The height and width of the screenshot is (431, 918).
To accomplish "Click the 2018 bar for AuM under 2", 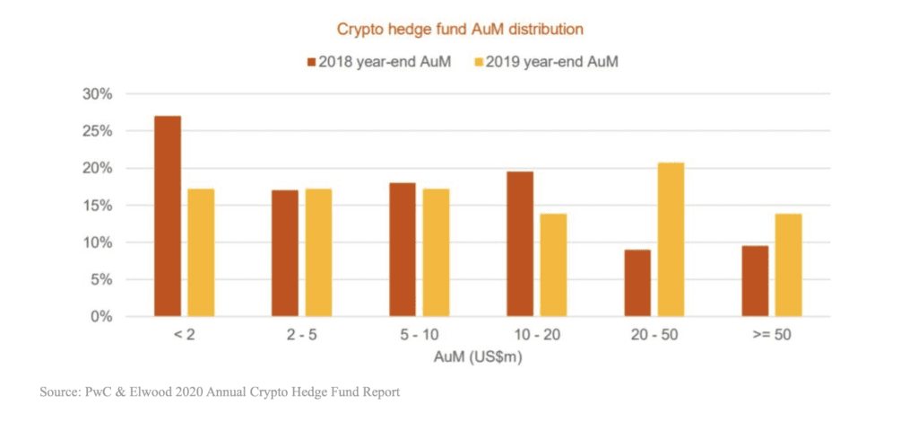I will (168, 216).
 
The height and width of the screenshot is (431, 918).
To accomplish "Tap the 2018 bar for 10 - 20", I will (520, 244).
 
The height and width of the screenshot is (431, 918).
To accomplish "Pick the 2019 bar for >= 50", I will (788, 265).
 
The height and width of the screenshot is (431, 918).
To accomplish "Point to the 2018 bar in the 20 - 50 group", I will (637, 283).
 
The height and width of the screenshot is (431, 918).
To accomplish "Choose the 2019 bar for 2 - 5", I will (318, 252).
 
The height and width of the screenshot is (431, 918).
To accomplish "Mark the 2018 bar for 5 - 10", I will (403, 250).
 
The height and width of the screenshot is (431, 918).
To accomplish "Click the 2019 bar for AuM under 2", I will (201, 252).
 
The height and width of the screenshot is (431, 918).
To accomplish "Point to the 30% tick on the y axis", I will (98, 94).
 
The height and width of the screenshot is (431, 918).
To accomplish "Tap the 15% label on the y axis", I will (98, 206).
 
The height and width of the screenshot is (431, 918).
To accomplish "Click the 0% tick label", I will (101, 317).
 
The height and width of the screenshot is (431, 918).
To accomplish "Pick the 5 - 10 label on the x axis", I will (419, 335).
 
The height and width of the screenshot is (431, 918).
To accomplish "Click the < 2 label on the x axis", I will (184, 335).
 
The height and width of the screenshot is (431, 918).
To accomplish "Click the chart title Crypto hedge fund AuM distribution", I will (460, 29).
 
